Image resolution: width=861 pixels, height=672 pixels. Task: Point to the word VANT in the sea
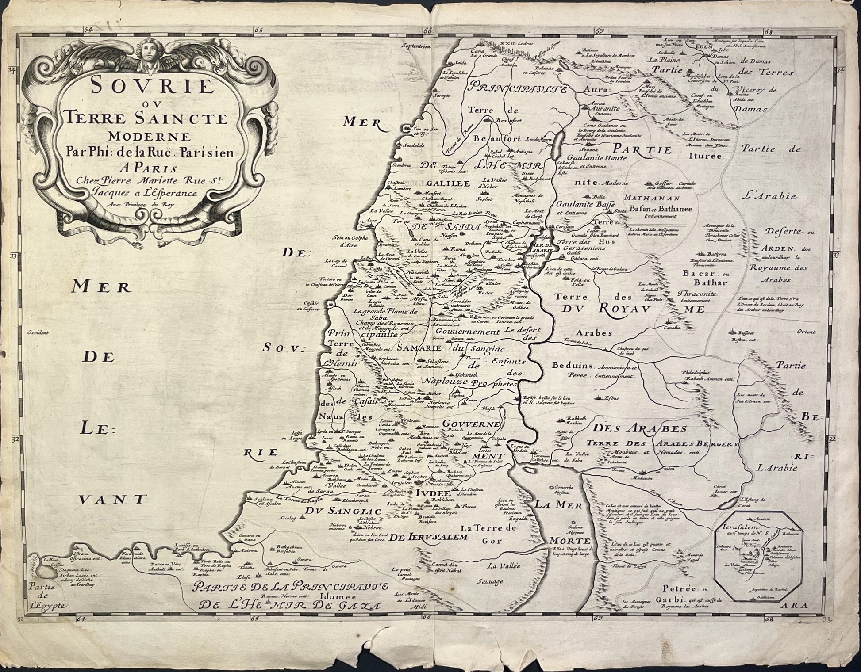pyautogui.click(x=113, y=500)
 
